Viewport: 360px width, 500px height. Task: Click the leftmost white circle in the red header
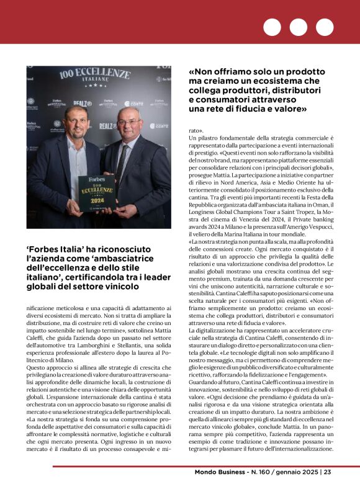272,27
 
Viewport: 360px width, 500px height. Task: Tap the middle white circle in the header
299,27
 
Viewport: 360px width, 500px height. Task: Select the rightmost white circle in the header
325,27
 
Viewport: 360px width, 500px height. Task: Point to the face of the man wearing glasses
128,122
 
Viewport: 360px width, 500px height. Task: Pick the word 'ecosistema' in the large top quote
275,81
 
